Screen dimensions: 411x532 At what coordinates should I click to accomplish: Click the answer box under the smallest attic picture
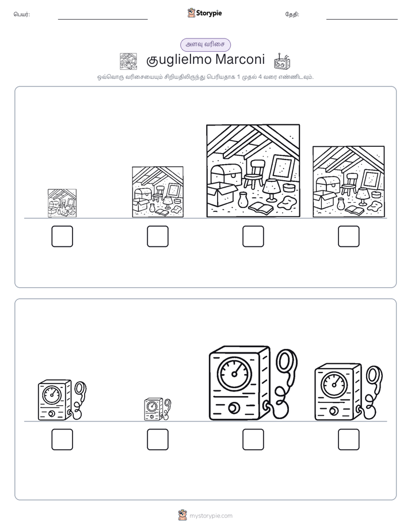62,236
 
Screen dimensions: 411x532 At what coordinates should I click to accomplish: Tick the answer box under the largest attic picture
253,236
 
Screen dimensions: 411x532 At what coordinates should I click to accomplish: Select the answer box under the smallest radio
158,439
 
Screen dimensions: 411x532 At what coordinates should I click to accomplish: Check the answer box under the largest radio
253,439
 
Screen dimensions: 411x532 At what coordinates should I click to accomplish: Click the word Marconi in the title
239,59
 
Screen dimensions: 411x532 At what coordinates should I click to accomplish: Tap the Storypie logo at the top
204,13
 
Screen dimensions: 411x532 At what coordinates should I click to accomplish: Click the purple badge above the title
205,44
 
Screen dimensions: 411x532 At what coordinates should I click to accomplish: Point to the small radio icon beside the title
282,62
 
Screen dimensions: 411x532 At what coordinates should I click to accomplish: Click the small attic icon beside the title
128,62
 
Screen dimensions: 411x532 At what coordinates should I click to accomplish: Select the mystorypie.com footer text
211,516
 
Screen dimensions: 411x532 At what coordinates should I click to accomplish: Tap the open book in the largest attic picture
260,208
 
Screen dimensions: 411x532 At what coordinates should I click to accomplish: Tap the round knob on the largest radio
233,408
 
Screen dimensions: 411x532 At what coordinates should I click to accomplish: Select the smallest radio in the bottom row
158,409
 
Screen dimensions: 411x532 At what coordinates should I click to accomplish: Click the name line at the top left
102,20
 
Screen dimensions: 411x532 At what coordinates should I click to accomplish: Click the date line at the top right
362,20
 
